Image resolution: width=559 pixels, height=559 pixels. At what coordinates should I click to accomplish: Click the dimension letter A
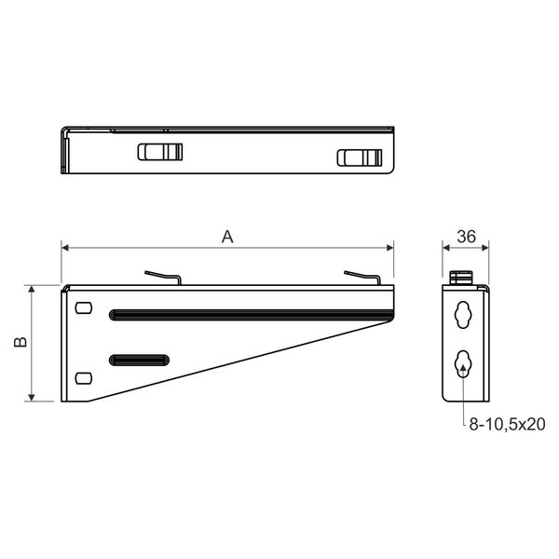(x=227, y=237)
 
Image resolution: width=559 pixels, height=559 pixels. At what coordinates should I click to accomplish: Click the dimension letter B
(x=20, y=342)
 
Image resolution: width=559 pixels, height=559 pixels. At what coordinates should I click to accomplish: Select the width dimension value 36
(x=467, y=237)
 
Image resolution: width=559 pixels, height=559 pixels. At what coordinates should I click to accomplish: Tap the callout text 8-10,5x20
(x=507, y=424)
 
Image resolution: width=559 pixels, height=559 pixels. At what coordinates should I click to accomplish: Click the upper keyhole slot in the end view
(x=463, y=315)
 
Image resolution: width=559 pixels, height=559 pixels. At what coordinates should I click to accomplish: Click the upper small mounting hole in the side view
(x=84, y=308)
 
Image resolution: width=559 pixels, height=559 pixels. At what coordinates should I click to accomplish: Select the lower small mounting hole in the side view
(x=84, y=378)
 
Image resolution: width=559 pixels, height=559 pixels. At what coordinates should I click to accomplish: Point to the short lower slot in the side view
(x=139, y=360)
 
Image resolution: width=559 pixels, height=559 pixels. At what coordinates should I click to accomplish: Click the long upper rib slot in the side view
(x=251, y=315)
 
